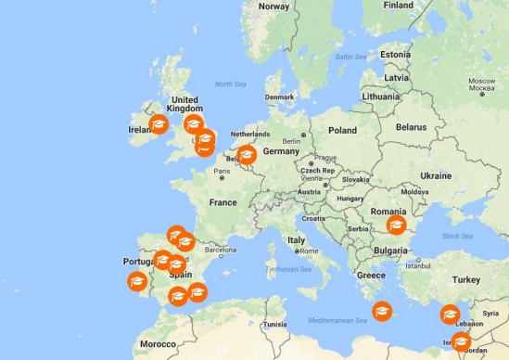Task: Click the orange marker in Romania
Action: pos(396,225)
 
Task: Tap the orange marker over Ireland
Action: pos(159,124)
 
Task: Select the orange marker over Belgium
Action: pos(247,155)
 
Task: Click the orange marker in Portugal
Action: pos(137,279)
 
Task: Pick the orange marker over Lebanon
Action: pos(451,315)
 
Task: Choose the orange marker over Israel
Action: pos(461,341)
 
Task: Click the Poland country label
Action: pos(341,131)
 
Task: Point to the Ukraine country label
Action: pos(436,175)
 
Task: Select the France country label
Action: pos(223,201)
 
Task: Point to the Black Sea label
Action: pos(458,236)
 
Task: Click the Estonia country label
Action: pos(395,53)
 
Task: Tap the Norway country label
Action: pos(274,6)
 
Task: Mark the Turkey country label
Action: pos(466,279)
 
